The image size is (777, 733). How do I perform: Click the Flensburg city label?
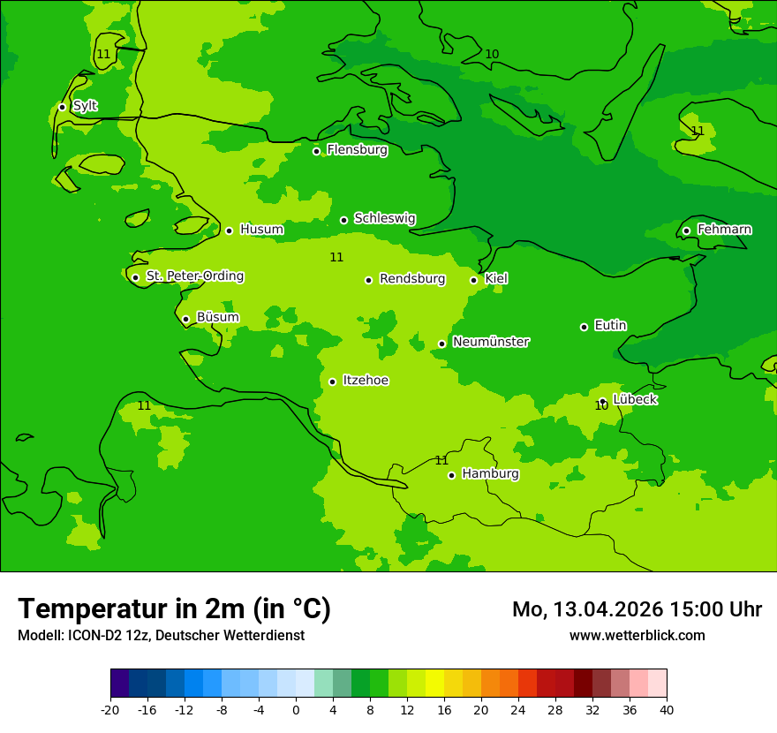tap(357, 150)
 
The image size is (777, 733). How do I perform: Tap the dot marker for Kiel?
tap(474, 280)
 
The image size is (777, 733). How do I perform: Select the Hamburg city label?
tap(490, 474)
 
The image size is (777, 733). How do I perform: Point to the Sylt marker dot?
tap(62, 107)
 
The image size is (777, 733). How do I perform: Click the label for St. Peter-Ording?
tap(194, 276)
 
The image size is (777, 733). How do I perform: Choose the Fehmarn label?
tap(724, 230)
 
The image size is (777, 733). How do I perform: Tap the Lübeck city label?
tap(634, 399)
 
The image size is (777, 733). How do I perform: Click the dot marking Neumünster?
tap(441, 344)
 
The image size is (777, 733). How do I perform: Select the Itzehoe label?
tap(366, 381)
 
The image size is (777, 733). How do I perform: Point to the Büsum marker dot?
tap(185, 319)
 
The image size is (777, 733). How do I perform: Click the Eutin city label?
tap(610, 326)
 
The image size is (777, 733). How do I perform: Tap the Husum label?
tap(261, 230)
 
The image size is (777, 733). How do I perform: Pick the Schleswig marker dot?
tap(343, 220)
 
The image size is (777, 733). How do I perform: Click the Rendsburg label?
tap(411, 279)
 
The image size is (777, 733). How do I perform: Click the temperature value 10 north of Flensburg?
tap(492, 54)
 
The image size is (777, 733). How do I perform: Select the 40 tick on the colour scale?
tap(666, 709)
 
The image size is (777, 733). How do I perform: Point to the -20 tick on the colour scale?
tap(110, 709)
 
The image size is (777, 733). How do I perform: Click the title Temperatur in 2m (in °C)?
tap(174, 608)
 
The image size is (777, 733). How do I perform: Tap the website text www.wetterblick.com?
tap(637, 635)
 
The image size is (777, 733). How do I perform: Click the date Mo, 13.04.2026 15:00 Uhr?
tap(637, 609)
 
